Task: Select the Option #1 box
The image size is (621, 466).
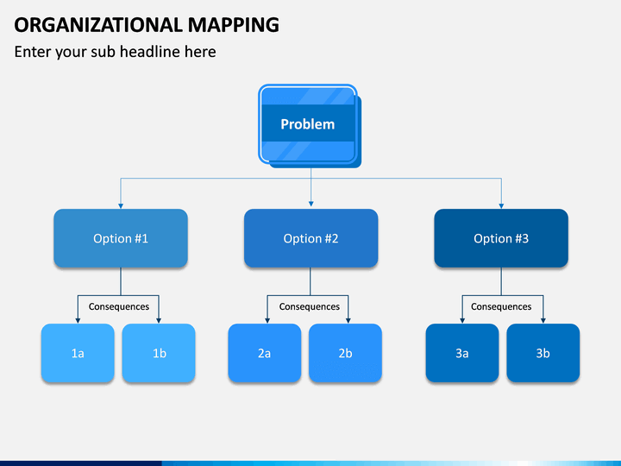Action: [121, 238]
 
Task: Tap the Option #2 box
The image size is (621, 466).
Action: [310, 238]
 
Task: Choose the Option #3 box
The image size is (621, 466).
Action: [501, 238]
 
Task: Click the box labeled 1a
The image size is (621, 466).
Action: [78, 353]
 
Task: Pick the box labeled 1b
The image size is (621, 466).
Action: [159, 353]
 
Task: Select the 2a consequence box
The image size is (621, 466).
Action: [265, 353]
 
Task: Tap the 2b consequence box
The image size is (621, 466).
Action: [345, 353]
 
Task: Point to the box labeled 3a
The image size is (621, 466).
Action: [462, 353]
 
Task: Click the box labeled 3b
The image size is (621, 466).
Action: [543, 353]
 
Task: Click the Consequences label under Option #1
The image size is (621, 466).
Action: [119, 306]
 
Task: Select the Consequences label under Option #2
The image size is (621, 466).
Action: [310, 306]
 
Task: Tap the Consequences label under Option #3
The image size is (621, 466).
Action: [501, 306]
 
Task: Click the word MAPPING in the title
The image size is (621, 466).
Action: [233, 25]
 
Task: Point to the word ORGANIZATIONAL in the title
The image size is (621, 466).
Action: [97, 25]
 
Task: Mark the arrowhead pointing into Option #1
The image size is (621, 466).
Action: [121, 206]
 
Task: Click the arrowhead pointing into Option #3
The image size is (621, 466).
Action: [501, 206]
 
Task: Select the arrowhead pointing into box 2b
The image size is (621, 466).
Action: [348, 320]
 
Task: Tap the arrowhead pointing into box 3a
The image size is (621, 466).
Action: [462, 320]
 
